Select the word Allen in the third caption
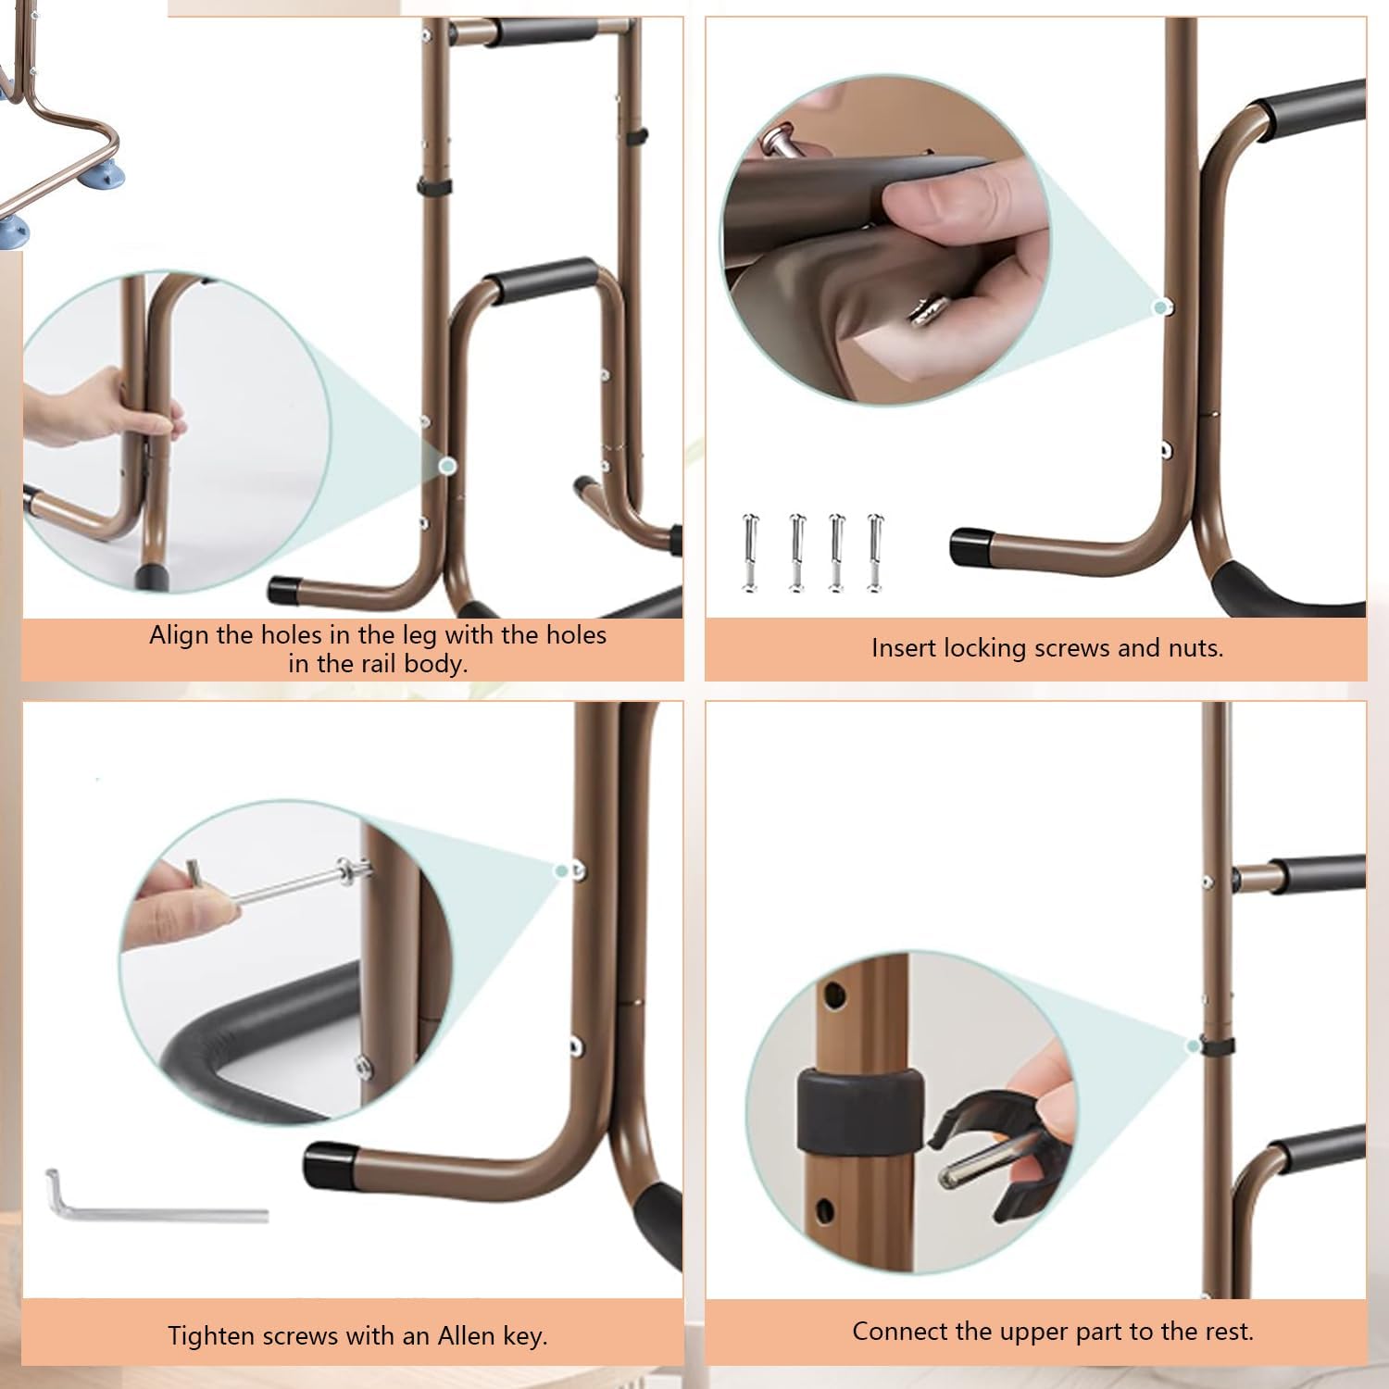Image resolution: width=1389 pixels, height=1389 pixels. click(465, 1336)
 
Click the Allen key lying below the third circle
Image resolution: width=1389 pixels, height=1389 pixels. click(156, 1203)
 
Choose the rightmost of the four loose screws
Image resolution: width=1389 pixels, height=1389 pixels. click(875, 552)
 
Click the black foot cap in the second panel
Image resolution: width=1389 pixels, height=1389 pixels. click(970, 546)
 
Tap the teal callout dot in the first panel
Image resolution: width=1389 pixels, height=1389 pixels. click(447, 466)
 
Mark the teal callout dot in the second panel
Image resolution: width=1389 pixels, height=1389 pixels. click(1159, 307)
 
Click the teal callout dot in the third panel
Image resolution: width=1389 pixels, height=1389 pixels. click(560, 870)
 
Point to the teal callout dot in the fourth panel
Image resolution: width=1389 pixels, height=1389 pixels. click(1194, 1046)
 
